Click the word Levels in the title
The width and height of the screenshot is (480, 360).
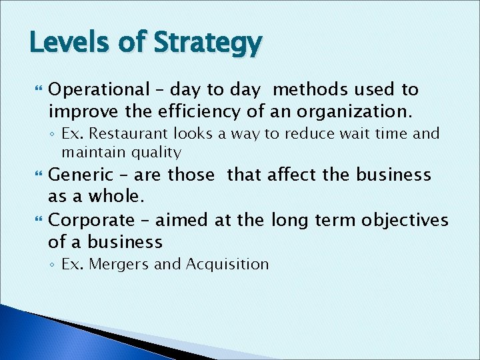(62, 44)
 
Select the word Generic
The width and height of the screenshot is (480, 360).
(81, 175)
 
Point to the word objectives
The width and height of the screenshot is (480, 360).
(405, 219)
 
